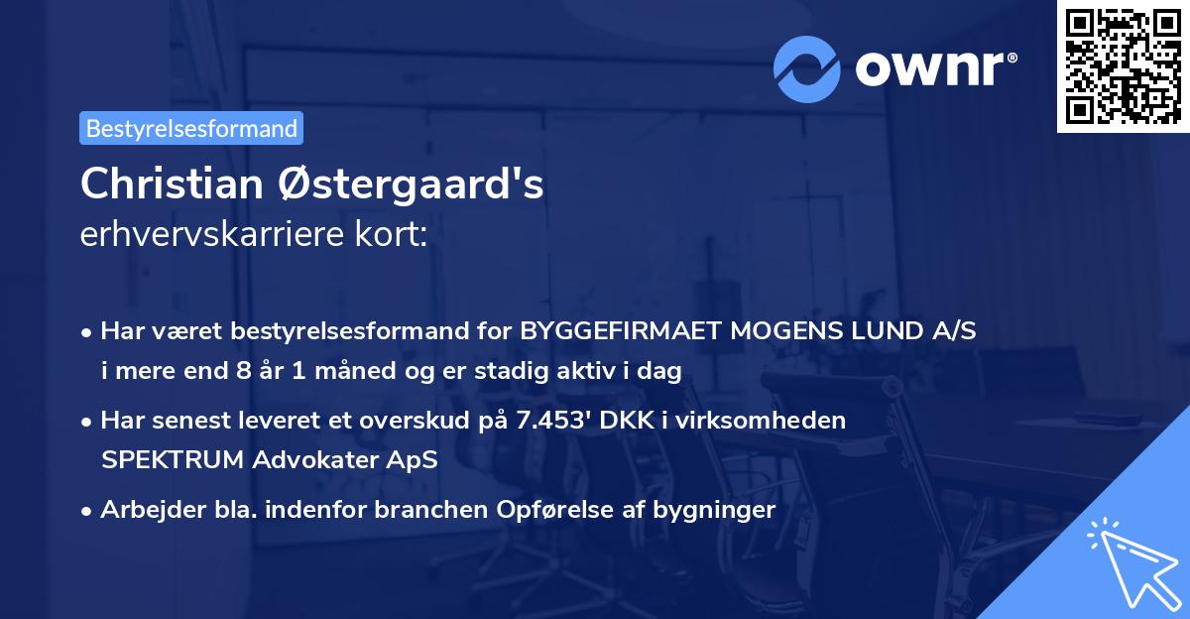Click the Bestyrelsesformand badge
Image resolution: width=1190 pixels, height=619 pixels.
191,128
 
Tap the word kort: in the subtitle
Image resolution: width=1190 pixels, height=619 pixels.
397,235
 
